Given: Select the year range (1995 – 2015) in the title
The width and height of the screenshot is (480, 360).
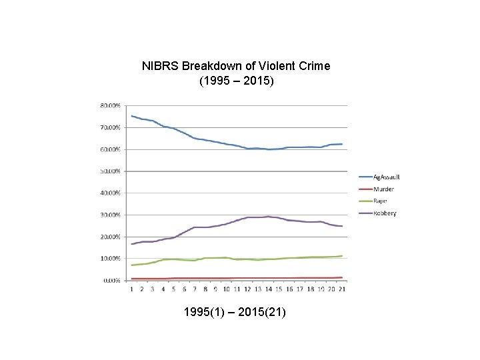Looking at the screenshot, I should (236, 81).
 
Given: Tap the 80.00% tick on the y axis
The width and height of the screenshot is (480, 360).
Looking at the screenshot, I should (111, 105).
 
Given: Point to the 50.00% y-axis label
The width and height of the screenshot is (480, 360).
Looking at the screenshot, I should (111, 171).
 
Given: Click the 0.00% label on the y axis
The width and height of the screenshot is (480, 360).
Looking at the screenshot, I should (112, 281).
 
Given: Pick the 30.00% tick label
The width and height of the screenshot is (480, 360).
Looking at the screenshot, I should (111, 215).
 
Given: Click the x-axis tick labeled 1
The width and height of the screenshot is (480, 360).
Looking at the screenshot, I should (131, 289).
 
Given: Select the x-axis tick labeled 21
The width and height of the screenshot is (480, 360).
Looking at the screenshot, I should (342, 289).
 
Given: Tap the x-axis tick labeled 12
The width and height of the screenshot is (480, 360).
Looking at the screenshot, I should (247, 289).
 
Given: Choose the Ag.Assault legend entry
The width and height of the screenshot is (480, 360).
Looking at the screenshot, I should (387, 177).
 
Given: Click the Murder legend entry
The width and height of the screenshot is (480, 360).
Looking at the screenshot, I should (383, 189).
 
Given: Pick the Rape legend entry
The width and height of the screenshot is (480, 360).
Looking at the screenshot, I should (381, 201).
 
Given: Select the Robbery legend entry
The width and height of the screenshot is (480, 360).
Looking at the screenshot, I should (385, 213).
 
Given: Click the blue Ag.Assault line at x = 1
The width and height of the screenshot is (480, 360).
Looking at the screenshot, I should (131, 116).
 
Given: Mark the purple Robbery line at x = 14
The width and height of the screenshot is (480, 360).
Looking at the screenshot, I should (268, 217).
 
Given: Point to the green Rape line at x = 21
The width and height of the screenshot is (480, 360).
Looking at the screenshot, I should (342, 256).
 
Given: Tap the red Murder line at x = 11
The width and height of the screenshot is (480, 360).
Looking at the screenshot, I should (237, 278).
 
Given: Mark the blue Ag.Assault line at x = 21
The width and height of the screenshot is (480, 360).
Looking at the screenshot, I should (342, 144).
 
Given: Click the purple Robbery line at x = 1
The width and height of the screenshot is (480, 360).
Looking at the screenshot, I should (131, 244).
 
